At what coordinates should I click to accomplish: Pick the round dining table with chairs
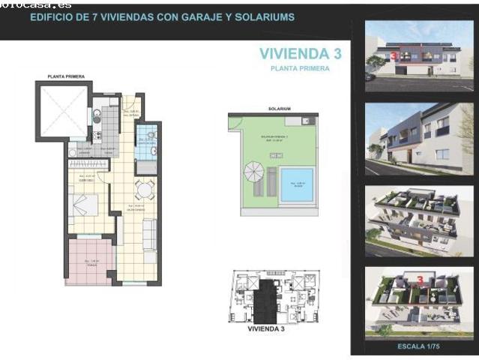pos(145,189)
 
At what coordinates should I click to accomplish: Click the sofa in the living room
pos(150,234)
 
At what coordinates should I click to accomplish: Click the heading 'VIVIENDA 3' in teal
pos(295,53)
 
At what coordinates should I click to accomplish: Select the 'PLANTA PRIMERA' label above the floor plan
pos(66,76)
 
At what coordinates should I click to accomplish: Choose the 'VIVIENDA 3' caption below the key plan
pos(265,328)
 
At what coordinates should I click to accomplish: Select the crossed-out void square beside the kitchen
pos(63,112)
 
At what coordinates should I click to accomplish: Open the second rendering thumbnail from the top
pos(419,139)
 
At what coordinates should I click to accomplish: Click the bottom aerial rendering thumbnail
pos(419,303)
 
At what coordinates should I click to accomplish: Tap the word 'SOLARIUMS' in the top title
pos(268,16)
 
